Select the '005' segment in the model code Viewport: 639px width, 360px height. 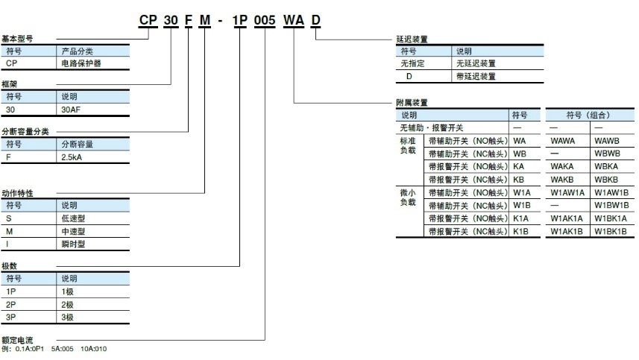point(265,22)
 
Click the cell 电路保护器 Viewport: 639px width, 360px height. point(81,63)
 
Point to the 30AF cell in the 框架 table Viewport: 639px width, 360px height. point(71,109)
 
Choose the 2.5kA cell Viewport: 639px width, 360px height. point(72,157)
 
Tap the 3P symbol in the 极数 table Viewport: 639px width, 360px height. point(11,318)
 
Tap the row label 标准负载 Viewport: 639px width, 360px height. point(409,145)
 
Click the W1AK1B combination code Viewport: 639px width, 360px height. point(567,231)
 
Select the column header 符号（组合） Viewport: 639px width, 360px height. point(588,116)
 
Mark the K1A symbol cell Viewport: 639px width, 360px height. point(520,218)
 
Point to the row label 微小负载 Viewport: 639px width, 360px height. point(409,197)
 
